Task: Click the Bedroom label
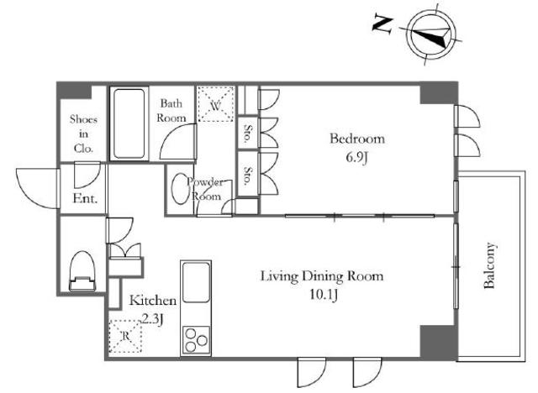tap(357, 139)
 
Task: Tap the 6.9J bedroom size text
tap(356, 158)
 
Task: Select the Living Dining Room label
tap(322, 276)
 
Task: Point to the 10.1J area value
tap(324, 294)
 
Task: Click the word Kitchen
tap(153, 301)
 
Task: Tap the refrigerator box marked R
tap(125, 337)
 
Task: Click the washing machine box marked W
tap(216, 104)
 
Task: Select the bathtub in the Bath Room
tap(129, 123)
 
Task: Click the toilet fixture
tap(82, 271)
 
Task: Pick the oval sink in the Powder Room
tap(179, 189)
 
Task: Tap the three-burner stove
tap(196, 340)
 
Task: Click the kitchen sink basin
tap(196, 282)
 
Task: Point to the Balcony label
tap(489, 265)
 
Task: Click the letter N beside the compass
tap(382, 24)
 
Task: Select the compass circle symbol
tap(431, 35)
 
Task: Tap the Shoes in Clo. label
tap(83, 134)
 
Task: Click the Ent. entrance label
tap(85, 199)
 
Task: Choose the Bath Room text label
tap(171, 110)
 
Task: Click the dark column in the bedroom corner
tap(439, 93)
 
